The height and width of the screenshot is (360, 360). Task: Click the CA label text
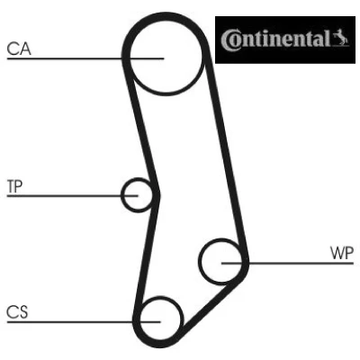19,49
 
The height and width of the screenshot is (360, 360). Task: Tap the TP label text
14,186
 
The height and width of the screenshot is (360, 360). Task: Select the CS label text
17,312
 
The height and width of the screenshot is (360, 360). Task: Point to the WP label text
342,253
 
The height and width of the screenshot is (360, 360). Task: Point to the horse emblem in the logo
341,38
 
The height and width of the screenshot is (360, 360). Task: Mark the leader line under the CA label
85,58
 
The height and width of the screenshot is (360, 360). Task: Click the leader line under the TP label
72,195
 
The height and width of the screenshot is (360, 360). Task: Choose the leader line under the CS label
84,322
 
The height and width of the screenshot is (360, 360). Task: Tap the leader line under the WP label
288,263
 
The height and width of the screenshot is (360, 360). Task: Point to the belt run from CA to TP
141,126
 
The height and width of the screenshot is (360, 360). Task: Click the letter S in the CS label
23,312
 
